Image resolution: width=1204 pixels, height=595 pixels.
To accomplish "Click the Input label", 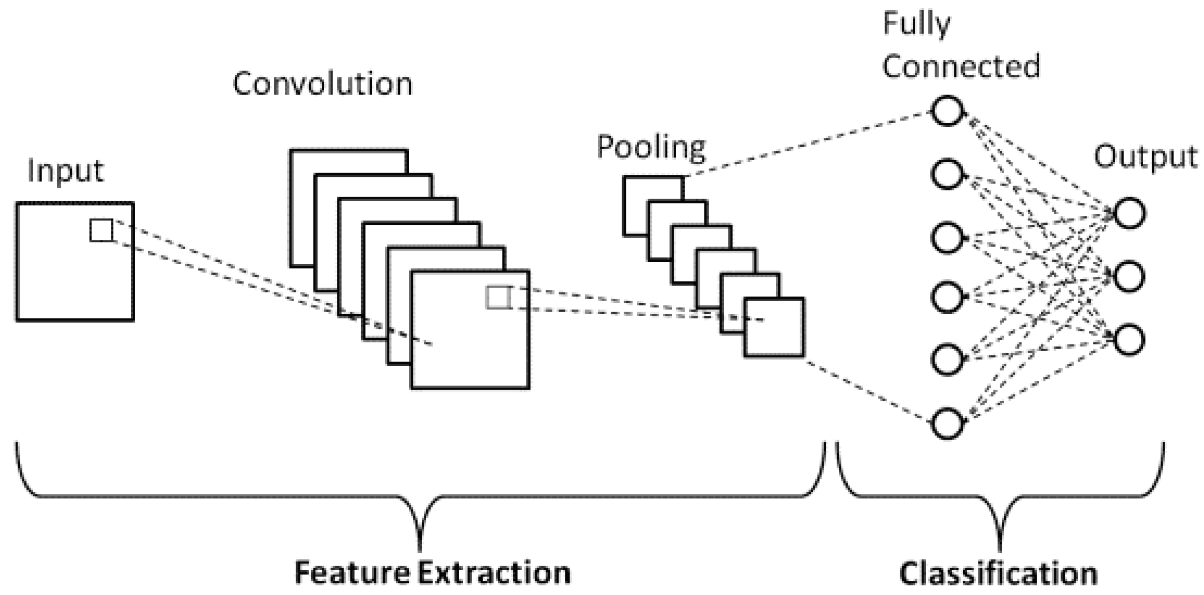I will [x=65, y=171].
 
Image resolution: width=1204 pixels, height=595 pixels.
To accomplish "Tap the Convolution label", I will [x=323, y=84].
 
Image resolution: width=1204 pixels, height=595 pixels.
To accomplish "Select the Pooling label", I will [x=651, y=147].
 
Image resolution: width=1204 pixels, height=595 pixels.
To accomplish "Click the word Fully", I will [x=916, y=24].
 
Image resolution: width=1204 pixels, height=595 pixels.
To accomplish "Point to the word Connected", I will [x=961, y=67].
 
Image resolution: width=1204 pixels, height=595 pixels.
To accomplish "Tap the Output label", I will [x=1145, y=157].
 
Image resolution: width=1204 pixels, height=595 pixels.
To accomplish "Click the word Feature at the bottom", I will [x=352, y=573].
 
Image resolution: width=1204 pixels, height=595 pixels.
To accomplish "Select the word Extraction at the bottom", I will [x=494, y=573].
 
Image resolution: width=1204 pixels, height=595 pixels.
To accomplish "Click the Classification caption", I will [x=998, y=574].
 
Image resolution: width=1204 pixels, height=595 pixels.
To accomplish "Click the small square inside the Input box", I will [x=102, y=230].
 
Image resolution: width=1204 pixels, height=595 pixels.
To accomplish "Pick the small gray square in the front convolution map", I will [x=498, y=297].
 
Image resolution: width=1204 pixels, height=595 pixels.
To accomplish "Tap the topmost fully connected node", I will [x=946, y=111].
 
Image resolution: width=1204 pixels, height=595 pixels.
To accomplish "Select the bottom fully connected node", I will [x=946, y=423].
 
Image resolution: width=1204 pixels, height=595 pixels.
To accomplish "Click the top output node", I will [x=1129, y=213].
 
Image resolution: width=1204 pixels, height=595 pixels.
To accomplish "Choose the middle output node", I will [x=1129, y=276].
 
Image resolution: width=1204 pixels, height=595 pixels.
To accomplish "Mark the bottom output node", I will [x=1129, y=340].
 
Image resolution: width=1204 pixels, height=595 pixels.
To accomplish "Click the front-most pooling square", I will [x=774, y=328].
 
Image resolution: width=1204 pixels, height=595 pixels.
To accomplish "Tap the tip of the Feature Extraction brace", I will [x=420, y=549].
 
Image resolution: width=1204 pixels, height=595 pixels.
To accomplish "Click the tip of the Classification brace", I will [x=999, y=549].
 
